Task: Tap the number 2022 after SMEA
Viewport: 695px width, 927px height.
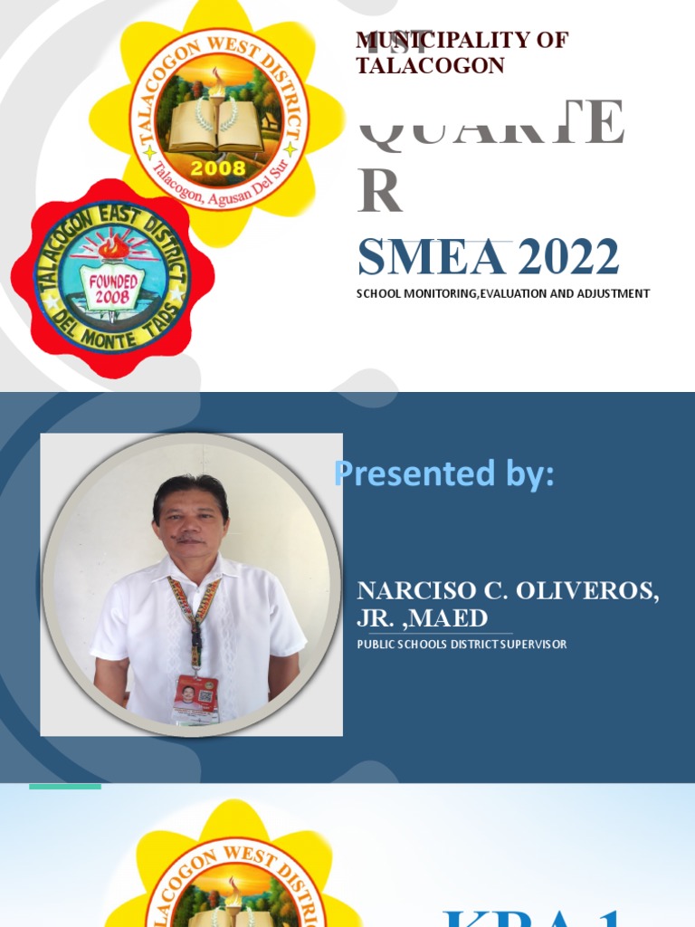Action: coord(569,258)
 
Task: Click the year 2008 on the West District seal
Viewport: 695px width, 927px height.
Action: coord(217,167)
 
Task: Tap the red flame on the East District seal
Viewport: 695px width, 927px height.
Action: coord(113,246)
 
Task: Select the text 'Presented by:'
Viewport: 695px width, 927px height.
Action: coord(443,473)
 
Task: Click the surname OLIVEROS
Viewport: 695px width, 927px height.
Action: coord(587,591)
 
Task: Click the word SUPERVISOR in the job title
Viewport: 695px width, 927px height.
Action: coord(529,645)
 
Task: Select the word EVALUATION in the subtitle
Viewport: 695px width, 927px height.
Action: coord(499,293)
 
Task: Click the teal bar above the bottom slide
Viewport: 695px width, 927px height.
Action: coord(65,786)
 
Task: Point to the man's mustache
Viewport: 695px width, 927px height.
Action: coord(189,540)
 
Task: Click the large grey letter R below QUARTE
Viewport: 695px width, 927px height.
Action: coord(379,191)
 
